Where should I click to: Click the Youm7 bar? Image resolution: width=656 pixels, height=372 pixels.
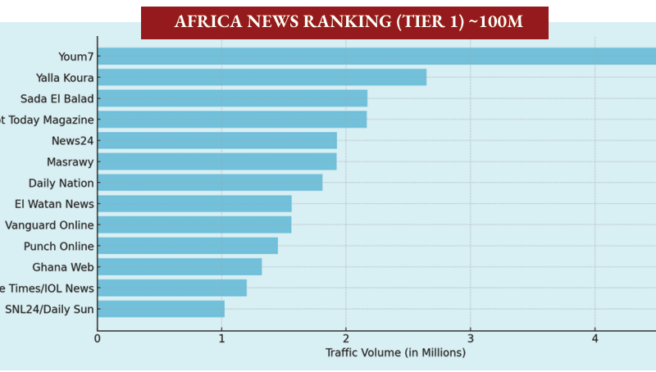click(377, 57)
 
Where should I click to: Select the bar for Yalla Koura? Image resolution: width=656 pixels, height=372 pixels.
click(262, 77)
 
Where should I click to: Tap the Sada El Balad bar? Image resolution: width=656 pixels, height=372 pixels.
click(232, 98)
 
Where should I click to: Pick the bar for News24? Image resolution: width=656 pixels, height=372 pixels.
click(217, 140)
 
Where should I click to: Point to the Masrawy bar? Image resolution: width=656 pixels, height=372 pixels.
click(216, 161)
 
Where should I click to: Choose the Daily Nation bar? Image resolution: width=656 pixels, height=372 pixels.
click(210, 183)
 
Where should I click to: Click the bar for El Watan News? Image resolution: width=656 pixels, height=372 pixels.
click(194, 204)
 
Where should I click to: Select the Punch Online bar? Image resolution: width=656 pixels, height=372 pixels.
click(188, 246)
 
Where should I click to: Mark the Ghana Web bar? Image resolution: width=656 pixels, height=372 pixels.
click(180, 267)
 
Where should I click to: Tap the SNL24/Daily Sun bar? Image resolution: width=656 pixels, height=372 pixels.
click(161, 309)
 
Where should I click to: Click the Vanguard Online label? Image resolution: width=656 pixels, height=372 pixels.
click(49, 225)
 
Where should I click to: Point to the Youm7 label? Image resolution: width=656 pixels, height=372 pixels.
click(75, 57)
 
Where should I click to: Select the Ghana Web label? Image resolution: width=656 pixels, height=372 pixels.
click(63, 267)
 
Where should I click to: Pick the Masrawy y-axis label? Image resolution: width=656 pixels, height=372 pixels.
click(70, 161)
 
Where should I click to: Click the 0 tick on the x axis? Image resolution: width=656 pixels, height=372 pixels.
click(98, 338)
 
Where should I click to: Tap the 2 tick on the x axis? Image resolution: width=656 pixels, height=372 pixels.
click(346, 338)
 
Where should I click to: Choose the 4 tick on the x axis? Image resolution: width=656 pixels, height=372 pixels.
click(594, 338)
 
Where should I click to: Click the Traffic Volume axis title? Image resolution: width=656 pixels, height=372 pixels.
click(395, 353)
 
